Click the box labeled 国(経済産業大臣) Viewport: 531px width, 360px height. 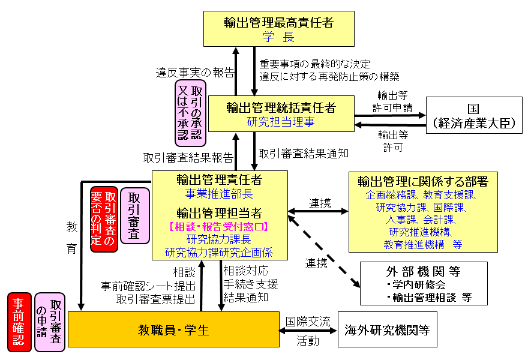coord(473,115)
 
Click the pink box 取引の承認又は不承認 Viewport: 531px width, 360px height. coord(190,113)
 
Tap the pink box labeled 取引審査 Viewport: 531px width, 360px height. coord(134,216)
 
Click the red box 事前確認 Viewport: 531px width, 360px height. coord(19,322)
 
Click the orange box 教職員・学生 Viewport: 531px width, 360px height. coord(173,329)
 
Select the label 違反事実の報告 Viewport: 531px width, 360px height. coord(195,73)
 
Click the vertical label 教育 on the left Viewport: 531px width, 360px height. coord(72,238)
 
